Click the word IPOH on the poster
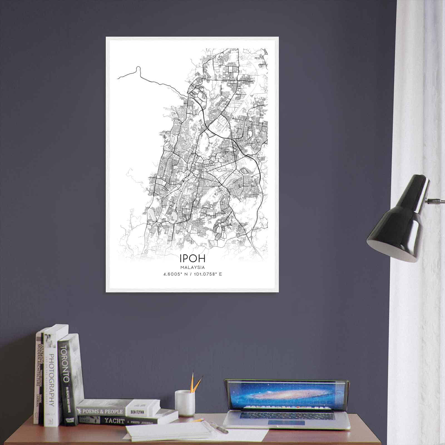[193, 258]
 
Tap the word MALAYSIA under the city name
[192, 268]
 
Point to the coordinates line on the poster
[193, 274]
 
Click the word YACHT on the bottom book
[114, 421]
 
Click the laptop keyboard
[286, 416]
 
